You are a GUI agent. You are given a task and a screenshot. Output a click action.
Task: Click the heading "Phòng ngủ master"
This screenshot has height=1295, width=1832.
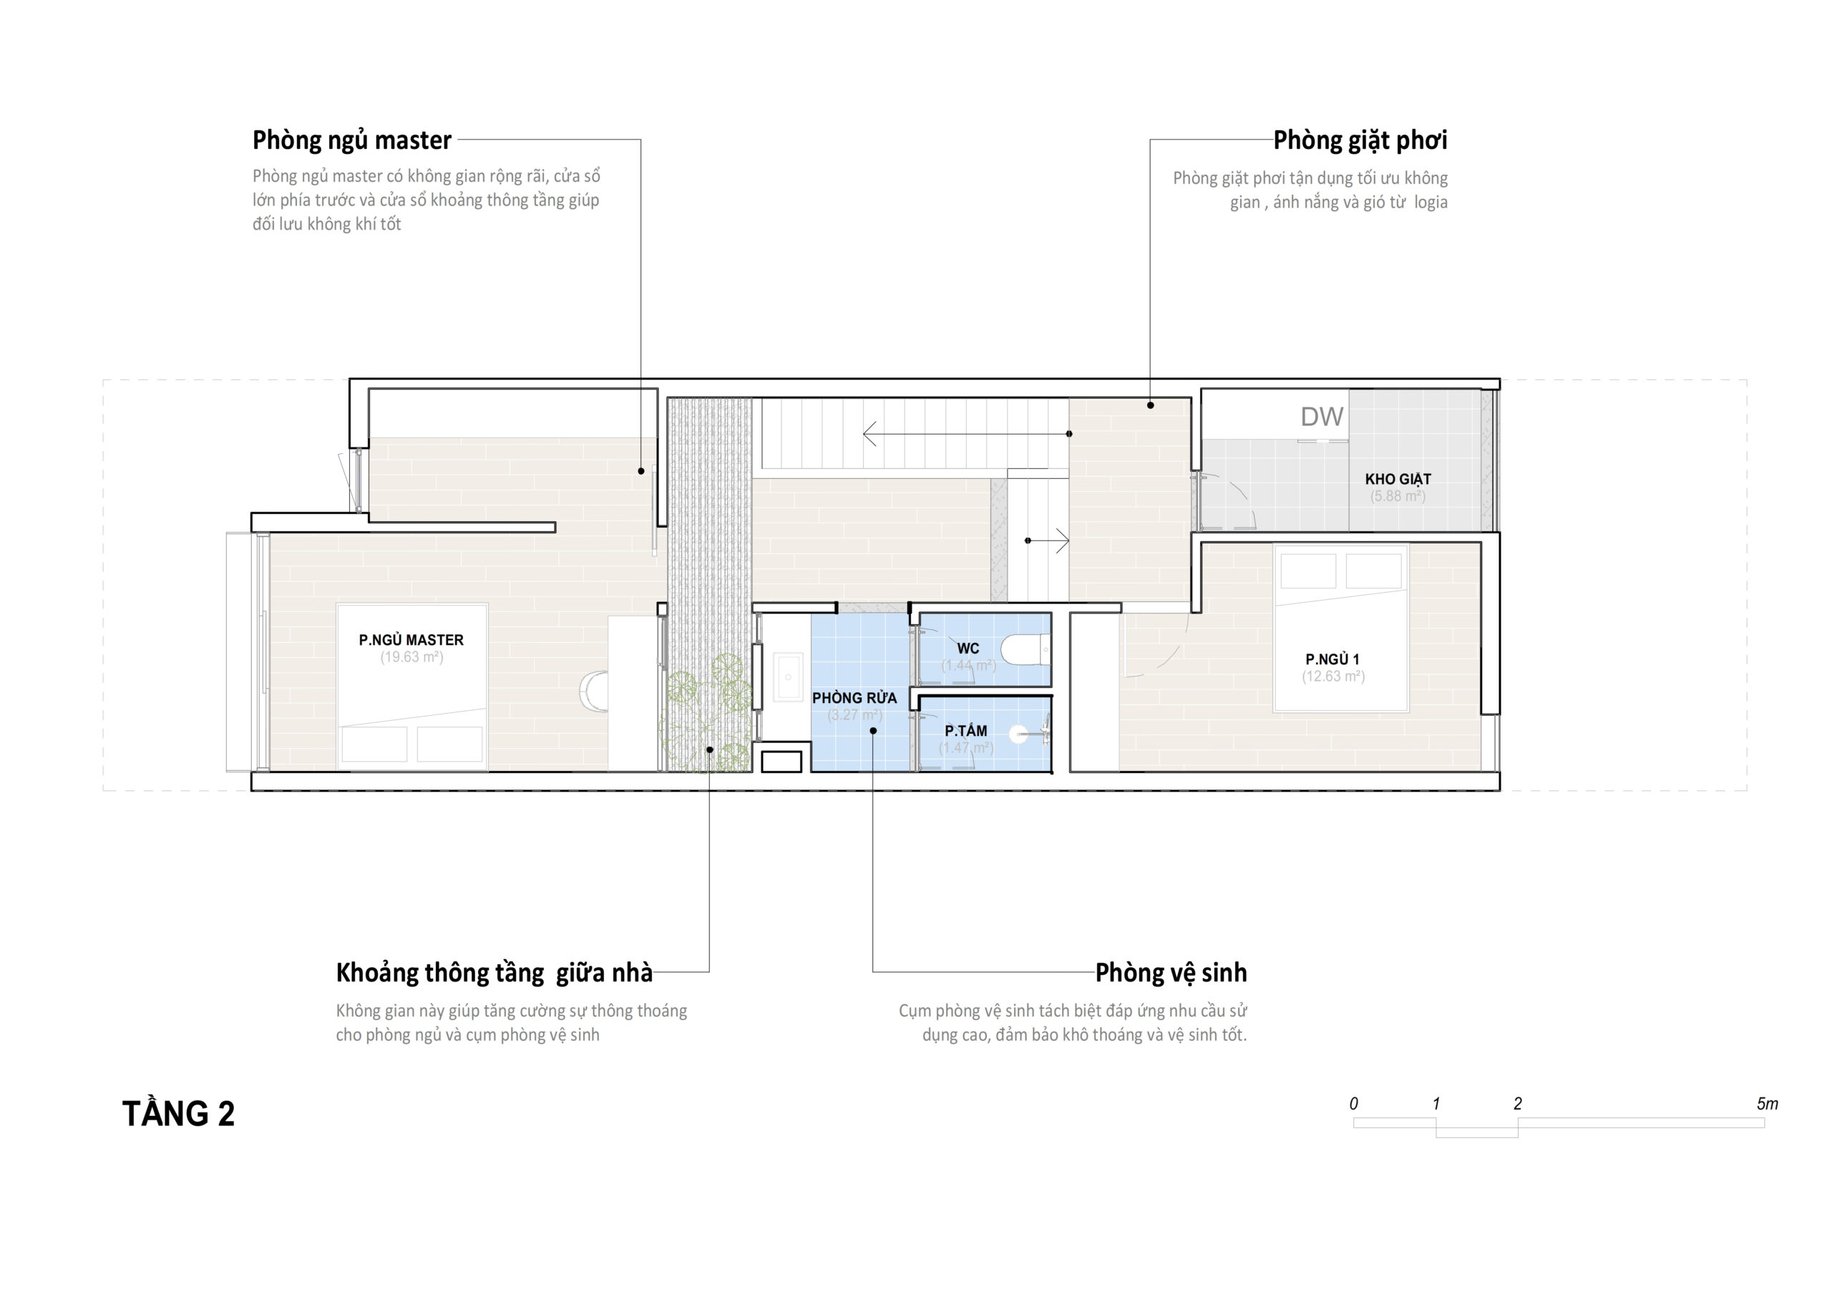pyautogui.click(x=352, y=140)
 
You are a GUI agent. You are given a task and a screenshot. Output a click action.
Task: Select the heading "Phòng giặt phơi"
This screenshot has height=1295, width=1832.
pyautogui.click(x=1360, y=140)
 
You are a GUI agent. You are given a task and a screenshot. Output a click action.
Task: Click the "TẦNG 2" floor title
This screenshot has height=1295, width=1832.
pyautogui.click(x=179, y=1114)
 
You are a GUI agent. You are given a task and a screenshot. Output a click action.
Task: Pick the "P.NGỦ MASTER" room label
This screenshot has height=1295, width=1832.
pyautogui.click(x=411, y=639)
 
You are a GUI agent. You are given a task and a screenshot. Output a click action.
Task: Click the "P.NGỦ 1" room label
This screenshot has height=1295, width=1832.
pyautogui.click(x=1332, y=659)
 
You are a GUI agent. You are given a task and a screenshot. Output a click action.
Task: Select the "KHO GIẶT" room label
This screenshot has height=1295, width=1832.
pyautogui.click(x=1398, y=479)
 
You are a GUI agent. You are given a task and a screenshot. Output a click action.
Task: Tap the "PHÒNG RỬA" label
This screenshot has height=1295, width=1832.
pyautogui.click(x=854, y=698)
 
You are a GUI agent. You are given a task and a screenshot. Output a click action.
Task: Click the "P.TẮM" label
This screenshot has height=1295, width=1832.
pyautogui.click(x=965, y=730)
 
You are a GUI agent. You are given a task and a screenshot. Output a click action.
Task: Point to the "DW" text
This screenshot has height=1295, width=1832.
pyautogui.click(x=1322, y=416)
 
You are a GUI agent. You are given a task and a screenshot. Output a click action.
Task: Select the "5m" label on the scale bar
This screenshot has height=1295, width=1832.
pyautogui.click(x=1768, y=1103)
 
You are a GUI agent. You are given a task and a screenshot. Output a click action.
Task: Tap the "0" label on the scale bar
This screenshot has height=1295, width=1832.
pyautogui.click(x=1353, y=1103)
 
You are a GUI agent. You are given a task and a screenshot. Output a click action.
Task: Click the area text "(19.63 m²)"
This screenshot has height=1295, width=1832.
pyautogui.click(x=411, y=657)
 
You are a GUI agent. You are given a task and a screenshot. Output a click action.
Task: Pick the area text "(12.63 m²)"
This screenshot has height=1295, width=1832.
pyautogui.click(x=1333, y=676)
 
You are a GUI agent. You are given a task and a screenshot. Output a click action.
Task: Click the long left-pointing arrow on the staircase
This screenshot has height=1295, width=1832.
pyautogui.click(x=966, y=434)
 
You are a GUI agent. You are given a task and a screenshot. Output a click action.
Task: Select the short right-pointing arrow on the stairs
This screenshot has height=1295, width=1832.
pyautogui.click(x=1048, y=540)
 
